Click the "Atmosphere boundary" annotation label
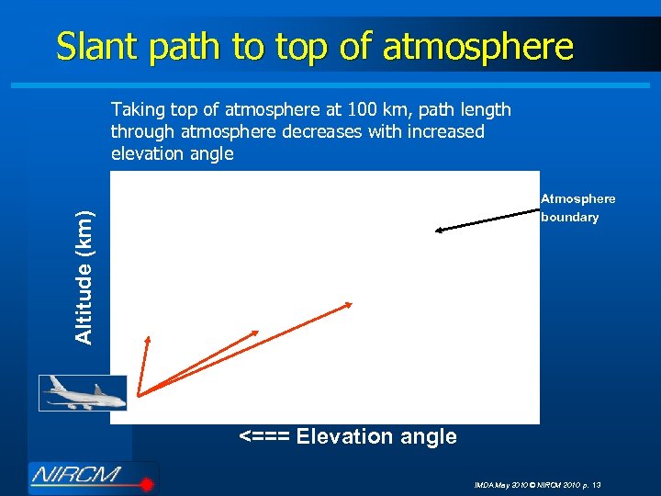577,208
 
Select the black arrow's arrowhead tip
436,231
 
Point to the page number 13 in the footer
597,484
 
